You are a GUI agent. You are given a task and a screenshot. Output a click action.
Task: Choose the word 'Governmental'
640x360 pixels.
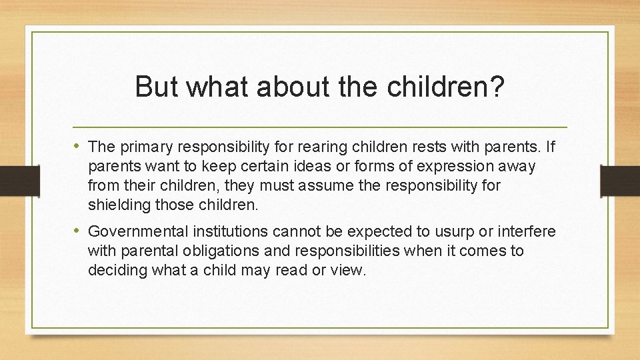click(138, 231)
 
